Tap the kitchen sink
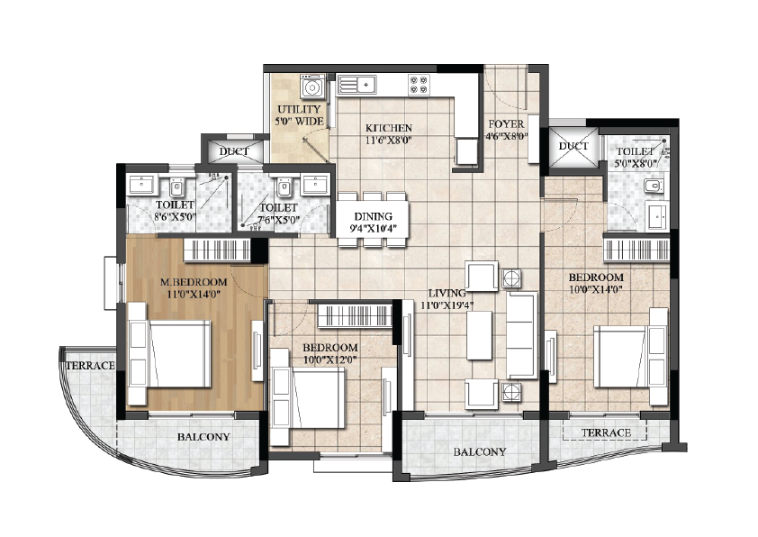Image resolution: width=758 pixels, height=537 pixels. pos(357,85)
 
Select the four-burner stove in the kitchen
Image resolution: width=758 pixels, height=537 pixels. pos(419,84)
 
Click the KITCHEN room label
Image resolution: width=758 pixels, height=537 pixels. pos(389,128)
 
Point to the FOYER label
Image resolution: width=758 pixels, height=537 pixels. pos(506,123)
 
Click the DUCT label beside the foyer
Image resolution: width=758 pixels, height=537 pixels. pos(573,146)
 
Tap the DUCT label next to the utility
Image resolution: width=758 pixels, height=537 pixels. pos(234,151)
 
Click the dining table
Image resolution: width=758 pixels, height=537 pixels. pos(373,219)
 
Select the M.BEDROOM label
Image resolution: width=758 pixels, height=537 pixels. pos(194,281)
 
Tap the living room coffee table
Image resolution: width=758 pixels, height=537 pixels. pos(480,335)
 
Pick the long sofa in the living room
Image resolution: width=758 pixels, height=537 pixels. pos(521,335)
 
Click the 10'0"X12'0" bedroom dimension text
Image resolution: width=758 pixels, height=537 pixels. pos(329,360)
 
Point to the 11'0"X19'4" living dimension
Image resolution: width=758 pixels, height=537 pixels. pos(447,305)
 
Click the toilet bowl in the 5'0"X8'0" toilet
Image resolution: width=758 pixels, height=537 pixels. pos(654,186)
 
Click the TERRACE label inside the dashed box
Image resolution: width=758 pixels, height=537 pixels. pos(606,432)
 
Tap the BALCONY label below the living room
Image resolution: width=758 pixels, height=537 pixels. pos(480,451)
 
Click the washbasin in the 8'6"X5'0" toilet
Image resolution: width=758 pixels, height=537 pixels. pos(141,184)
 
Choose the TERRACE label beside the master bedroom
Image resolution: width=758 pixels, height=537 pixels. pos(90,366)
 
